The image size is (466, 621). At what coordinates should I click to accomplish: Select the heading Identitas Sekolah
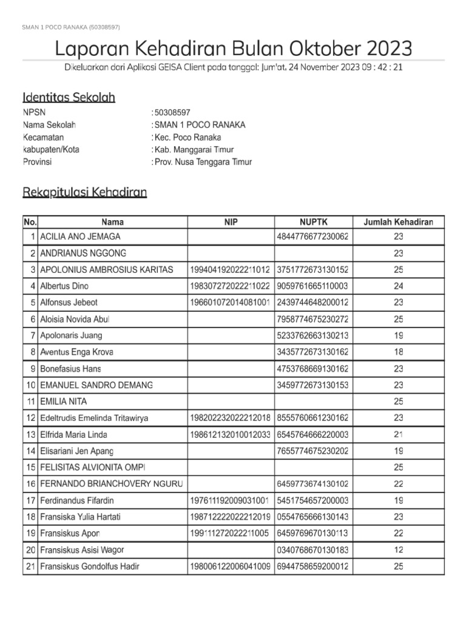69,97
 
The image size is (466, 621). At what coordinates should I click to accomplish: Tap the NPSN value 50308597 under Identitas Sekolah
172,113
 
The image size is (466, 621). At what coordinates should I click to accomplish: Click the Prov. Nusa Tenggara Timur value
203,162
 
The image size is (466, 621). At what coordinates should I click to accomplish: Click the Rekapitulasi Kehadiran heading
84,192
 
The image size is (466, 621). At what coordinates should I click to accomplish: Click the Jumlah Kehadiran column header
398,223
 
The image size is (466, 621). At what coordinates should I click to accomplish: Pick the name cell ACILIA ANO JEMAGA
80,237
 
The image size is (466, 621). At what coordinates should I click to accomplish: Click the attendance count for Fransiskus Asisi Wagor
399,550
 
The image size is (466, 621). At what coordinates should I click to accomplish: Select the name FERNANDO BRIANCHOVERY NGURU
111,484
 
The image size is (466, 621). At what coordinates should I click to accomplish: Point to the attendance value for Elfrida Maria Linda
399,435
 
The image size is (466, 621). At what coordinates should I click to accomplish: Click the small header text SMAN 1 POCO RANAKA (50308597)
71,27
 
